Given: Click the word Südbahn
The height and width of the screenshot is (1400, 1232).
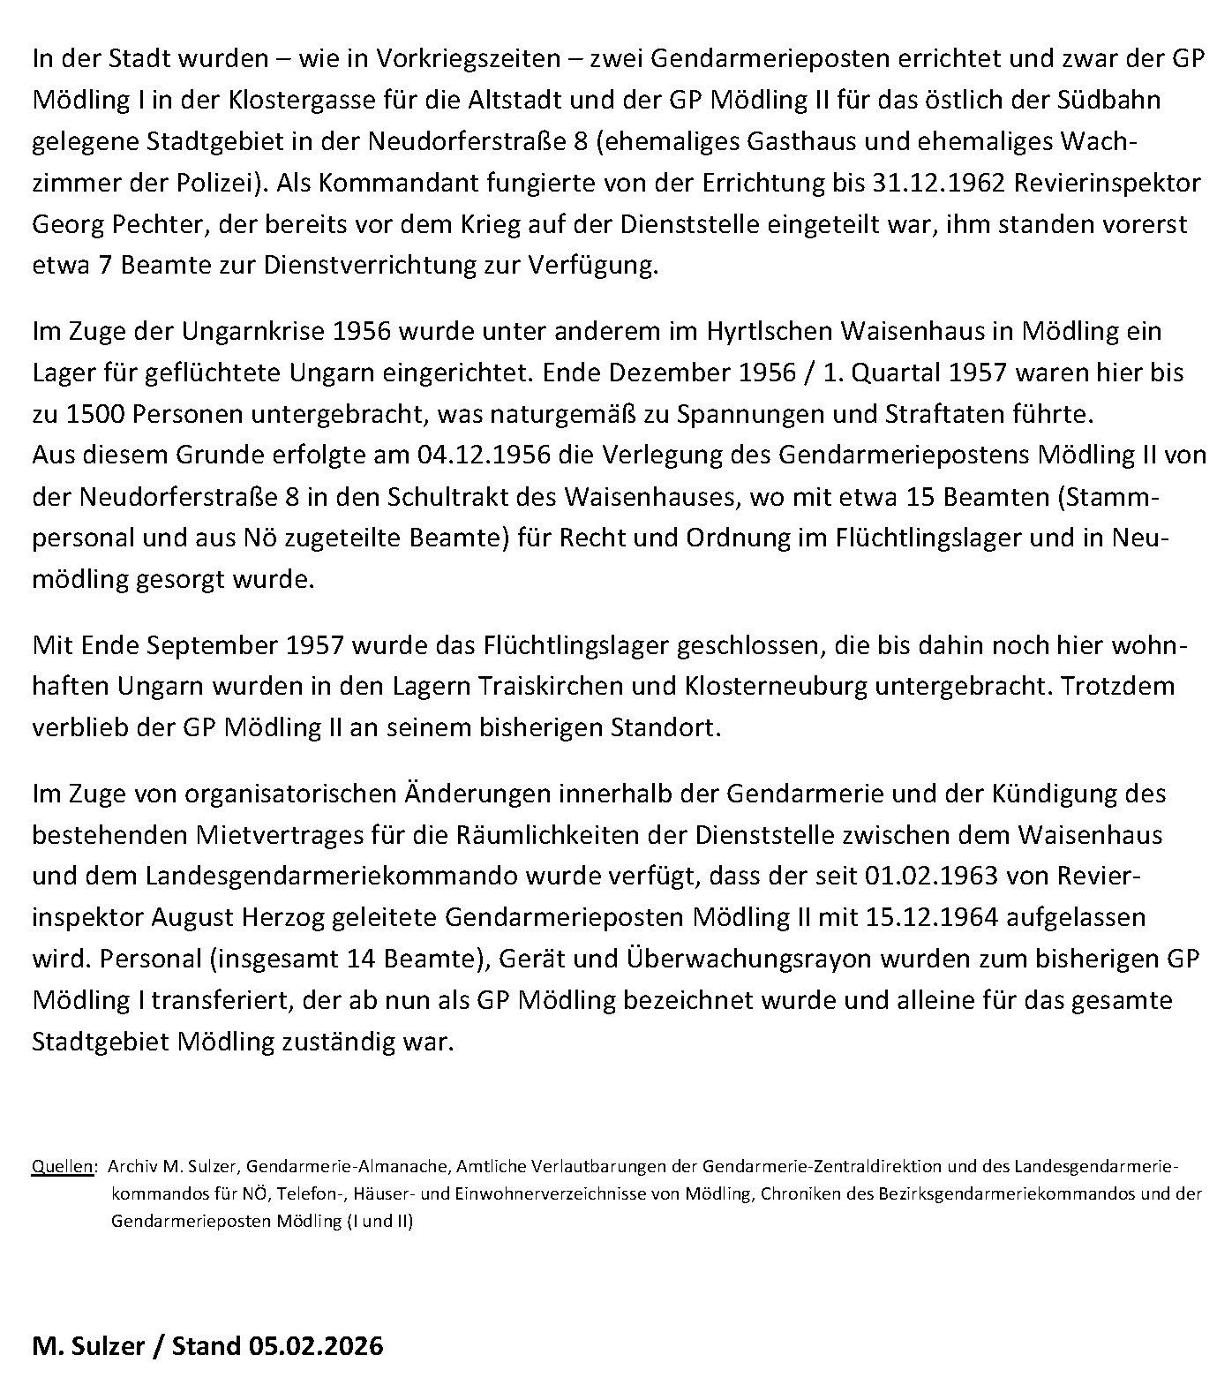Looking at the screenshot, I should coord(1115,100).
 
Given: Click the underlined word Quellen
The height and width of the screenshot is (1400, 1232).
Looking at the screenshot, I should coord(63,1167).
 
